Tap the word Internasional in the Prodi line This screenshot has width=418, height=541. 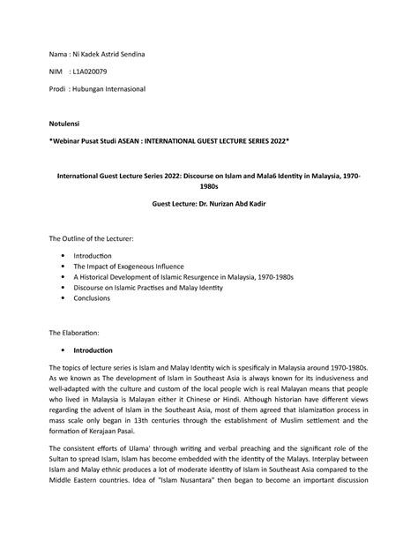pyautogui.click(x=121, y=90)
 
